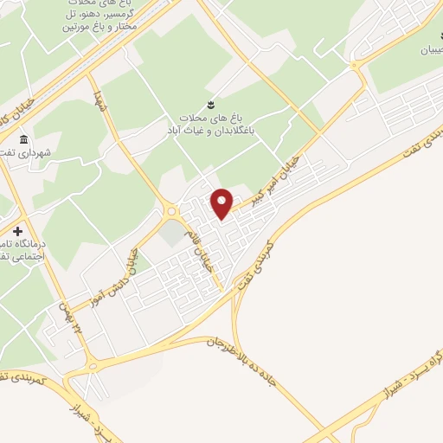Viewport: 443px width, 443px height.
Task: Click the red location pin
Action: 222,203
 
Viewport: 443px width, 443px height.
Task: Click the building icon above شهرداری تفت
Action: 22,139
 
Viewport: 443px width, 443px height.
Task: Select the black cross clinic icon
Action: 18,232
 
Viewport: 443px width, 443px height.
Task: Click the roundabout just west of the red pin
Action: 172,210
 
